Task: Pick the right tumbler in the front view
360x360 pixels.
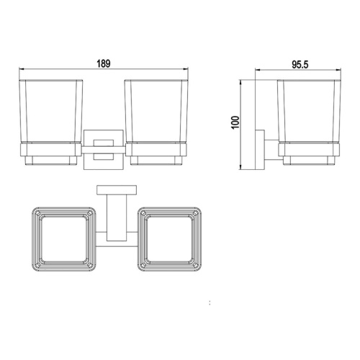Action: [x=156, y=112]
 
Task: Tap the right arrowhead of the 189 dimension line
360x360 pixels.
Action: [x=188, y=71]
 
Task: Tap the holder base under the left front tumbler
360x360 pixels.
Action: [x=49, y=153]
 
